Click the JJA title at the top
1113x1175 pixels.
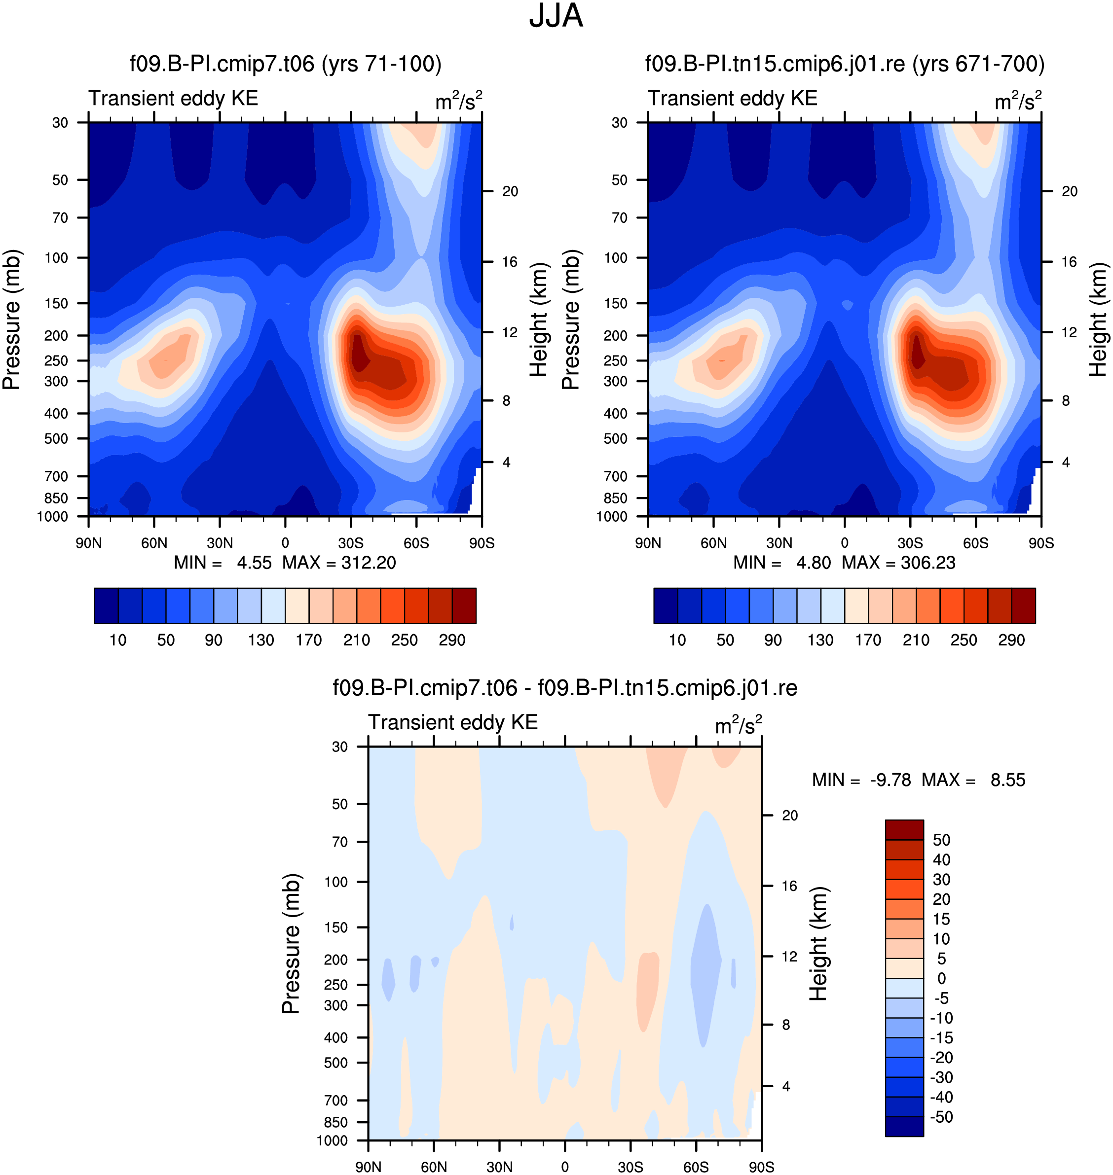[x=556, y=16]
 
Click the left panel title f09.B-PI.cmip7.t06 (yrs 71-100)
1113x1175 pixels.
[x=285, y=64]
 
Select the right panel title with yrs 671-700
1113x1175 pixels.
[x=845, y=64]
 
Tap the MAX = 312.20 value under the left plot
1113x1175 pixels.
[x=339, y=562]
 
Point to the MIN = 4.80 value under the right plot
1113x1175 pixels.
[x=782, y=562]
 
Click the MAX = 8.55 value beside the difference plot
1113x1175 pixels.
[x=973, y=780]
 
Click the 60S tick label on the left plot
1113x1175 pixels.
[x=416, y=543]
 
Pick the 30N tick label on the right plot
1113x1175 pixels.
[x=779, y=543]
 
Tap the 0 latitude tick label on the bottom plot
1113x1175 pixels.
[x=565, y=1167]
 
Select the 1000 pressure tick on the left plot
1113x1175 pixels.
[x=52, y=516]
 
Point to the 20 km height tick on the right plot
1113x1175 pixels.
[x=1069, y=191]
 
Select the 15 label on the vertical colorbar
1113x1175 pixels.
[x=941, y=919]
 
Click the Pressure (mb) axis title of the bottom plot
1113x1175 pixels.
[x=291, y=943]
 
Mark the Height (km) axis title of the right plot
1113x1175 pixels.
[x=1098, y=320]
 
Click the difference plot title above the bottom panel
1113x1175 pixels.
[x=565, y=688]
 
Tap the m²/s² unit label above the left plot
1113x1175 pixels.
[x=459, y=101]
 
